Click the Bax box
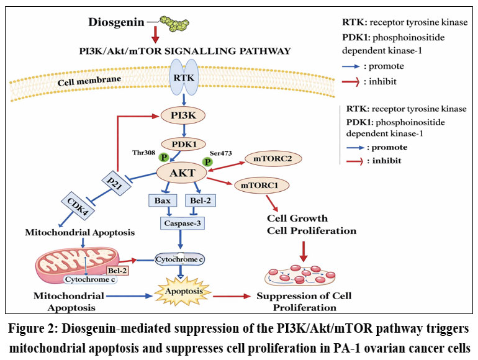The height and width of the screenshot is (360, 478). pyautogui.click(x=163, y=201)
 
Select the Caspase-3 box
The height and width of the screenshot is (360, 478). pyautogui.click(x=180, y=222)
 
